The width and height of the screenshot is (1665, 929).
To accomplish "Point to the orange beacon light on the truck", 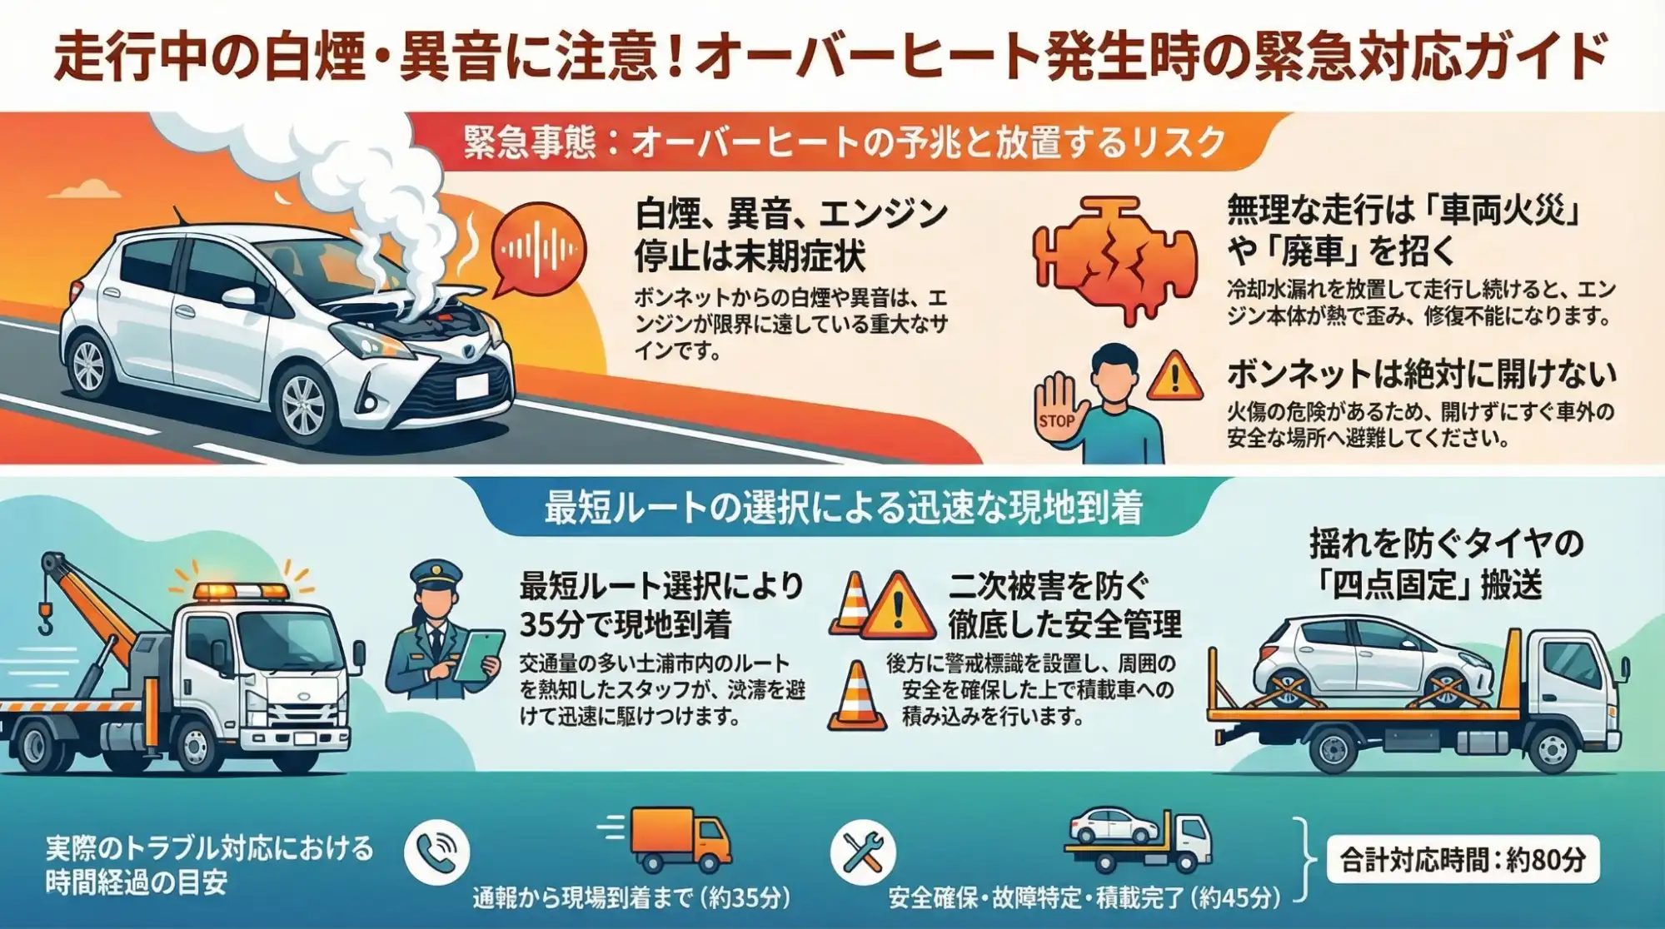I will click(241, 592).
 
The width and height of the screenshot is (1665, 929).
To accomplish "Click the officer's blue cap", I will click(436, 574).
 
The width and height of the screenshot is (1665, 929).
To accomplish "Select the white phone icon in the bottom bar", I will click(436, 852).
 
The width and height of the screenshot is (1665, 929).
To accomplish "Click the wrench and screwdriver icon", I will click(863, 852).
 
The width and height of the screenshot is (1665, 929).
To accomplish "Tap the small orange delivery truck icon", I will click(680, 838).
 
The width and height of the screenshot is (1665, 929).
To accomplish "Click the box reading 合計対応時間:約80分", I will click(1462, 859).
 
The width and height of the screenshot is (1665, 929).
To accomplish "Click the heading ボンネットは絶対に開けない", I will click(1421, 375).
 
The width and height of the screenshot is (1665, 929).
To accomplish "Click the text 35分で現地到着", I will click(626, 624).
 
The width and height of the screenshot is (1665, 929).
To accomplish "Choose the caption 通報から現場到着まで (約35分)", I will click(631, 898).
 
